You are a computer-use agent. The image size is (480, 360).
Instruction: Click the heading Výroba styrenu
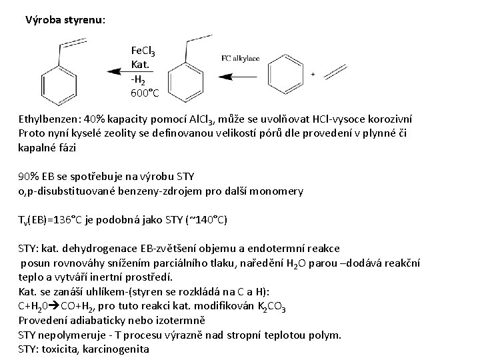pyautogui.click(x=65, y=19)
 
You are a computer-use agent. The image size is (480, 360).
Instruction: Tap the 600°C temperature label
pyautogui.click(x=145, y=93)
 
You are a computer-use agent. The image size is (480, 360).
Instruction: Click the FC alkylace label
pyautogui.click(x=241, y=58)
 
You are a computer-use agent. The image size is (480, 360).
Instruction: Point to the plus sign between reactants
pyautogui.click(x=313, y=75)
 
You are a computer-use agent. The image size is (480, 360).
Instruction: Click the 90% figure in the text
pyautogui.click(x=29, y=177)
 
